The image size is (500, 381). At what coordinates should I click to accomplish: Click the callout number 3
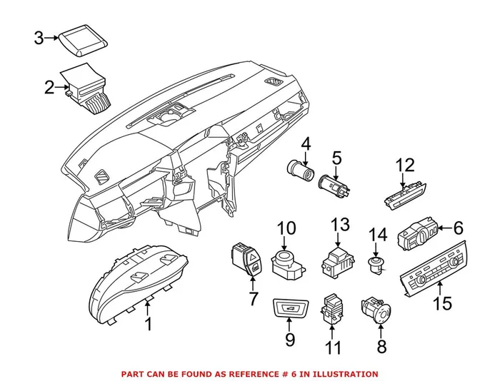(40, 38)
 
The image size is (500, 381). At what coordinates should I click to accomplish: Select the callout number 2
(49, 88)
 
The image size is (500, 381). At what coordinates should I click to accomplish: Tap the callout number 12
(405, 166)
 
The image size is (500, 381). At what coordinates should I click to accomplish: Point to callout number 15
(443, 303)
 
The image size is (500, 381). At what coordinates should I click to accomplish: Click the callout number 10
(286, 229)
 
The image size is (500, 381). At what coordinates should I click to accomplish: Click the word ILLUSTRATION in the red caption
(346, 373)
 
